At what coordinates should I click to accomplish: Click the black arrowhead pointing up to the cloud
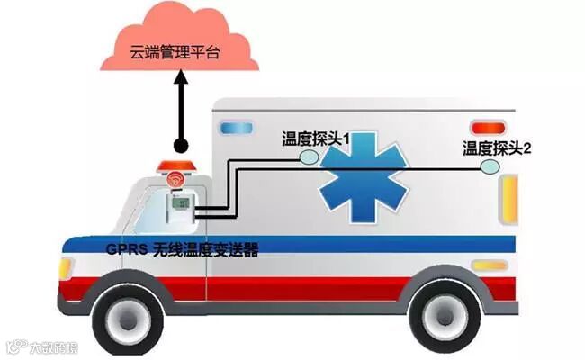click(x=180, y=79)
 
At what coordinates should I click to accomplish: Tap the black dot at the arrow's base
click(x=180, y=145)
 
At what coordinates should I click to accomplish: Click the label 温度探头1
click(x=315, y=139)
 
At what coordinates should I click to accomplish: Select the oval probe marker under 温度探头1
click(x=309, y=157)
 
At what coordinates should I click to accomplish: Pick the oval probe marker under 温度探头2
click(x=490, y=166)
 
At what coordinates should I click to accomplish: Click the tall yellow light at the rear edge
click(x=511, y=200)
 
